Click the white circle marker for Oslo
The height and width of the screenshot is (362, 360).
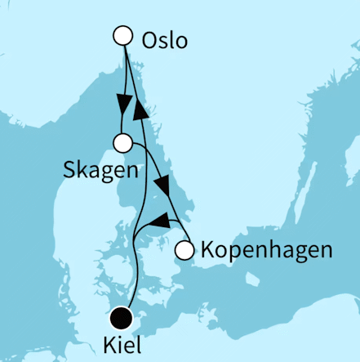pyautogui.click(x=123, y=35)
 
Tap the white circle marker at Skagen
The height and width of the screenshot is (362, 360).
pyautogui.click(x=123, y=143)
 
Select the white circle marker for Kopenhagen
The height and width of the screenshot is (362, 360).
pyautogui.click(x=185, y=249)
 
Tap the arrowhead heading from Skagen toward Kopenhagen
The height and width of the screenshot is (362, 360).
pyautogui.click(x=163, y=185)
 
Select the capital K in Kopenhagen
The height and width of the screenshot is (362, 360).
pyautogui.click(x=207, y=249)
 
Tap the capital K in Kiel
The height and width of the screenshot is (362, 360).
pyautogui.click(x=111, y=346)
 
